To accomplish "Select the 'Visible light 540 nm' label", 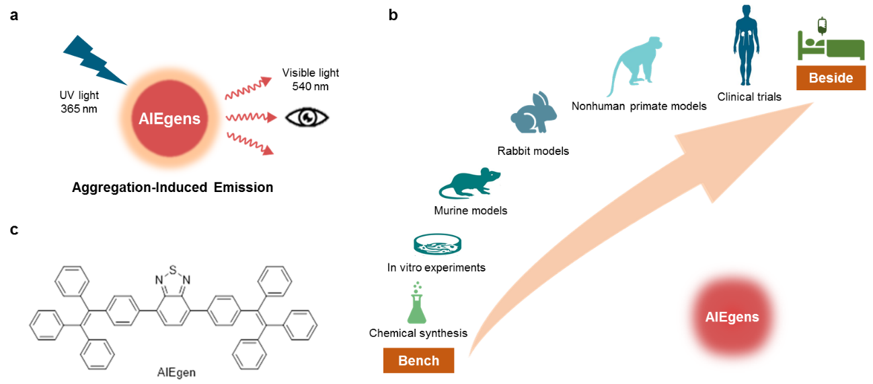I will [x=310, y=79].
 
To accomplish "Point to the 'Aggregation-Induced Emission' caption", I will [x=173, y=187].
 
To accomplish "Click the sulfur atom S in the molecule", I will [x=172, y=269].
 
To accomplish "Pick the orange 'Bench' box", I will [x=418, y=360].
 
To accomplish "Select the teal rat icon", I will [x=469, y=184].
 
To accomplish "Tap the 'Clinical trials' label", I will [x=749, y=96].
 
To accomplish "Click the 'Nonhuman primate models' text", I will [x=639, y=106].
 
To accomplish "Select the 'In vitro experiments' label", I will [x=436, y=267].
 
